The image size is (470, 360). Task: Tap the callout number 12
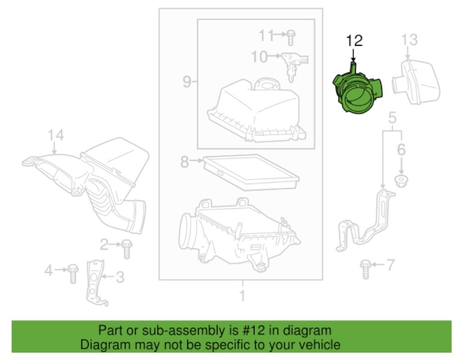pos(354,41)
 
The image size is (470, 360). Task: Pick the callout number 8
pos(184,161)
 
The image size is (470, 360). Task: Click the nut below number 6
pos(401,181)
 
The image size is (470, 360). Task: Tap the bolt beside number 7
pos(365,269)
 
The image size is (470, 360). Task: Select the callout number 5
pos(392,119)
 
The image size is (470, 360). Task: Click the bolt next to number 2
pos(126,248)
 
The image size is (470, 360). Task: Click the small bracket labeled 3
pos(96,283)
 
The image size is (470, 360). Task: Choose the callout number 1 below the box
pos(242,296)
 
